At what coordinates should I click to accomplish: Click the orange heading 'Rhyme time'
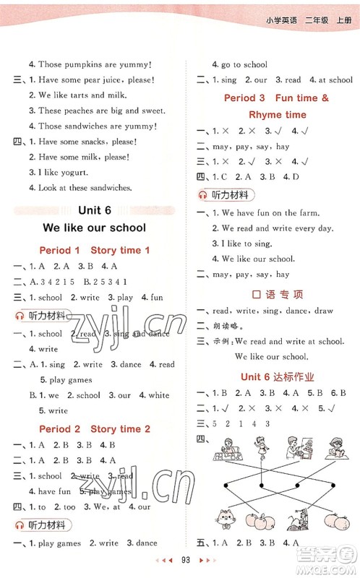tap(277, 115)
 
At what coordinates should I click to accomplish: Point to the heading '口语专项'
tap(277, 294)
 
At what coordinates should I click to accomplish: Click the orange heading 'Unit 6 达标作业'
tap(276, 377)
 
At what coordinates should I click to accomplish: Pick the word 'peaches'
tap(82, 111)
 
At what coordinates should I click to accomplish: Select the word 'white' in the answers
tap(158, 395)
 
